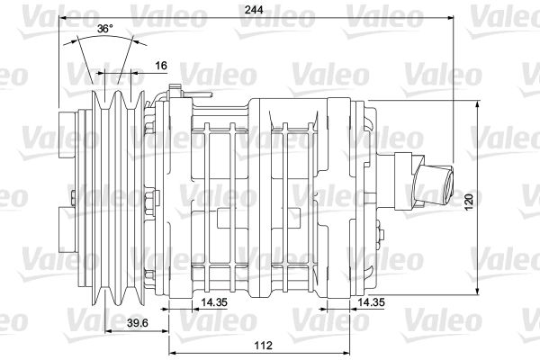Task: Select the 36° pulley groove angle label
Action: pyautogui.click(x=104, y=30)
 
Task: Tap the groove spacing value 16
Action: pyautogui.click(x=159, y=66)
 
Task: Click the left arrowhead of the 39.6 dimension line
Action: pyautogui.click(x=106, y=330)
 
